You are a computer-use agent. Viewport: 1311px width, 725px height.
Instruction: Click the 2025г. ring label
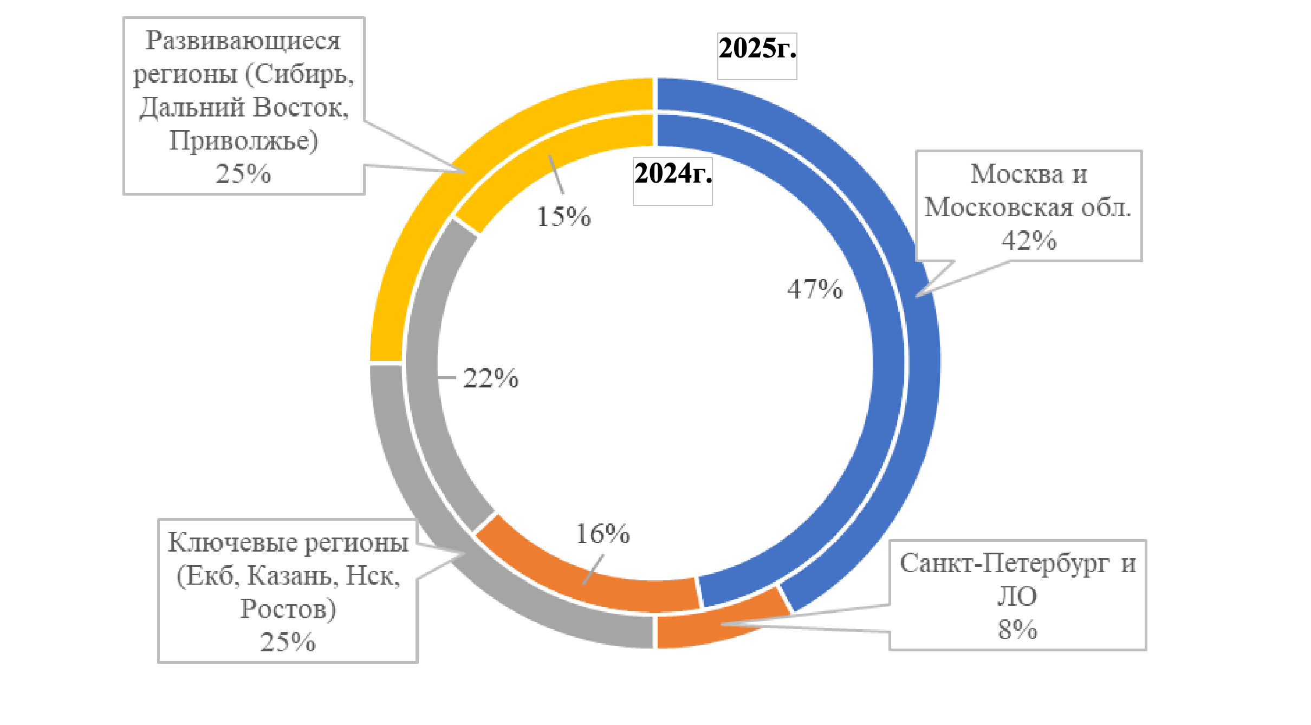(x=757, y=49)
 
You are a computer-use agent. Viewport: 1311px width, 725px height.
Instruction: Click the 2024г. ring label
(x=673, y=174)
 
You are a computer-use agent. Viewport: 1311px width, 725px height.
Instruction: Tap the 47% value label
(x=815, y=289)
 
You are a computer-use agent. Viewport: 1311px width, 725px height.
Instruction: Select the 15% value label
(x=563, y=217)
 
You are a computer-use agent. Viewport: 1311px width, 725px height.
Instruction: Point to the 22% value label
(x=490, y=378)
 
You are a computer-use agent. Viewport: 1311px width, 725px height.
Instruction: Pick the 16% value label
(x=602, y=534)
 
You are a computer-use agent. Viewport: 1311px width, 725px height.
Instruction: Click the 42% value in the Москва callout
(x=1028, y=241)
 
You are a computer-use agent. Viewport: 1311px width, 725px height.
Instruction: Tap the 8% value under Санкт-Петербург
(x=1017, y=630)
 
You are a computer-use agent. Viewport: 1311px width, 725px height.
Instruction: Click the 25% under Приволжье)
(x=243, y=174)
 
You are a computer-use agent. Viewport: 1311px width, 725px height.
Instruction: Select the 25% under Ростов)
(x=288, y=642)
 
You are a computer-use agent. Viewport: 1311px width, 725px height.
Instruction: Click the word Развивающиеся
(x=243, y=41)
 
